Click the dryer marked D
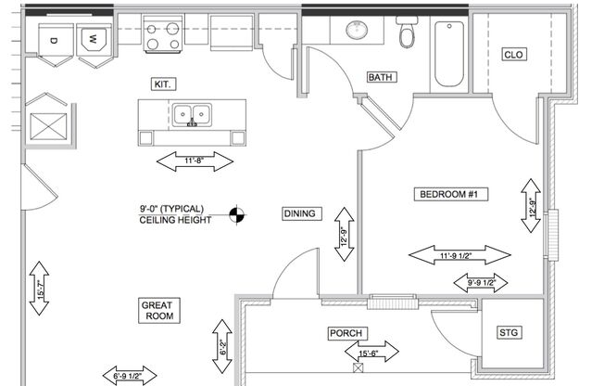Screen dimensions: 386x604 (x=54, y=41)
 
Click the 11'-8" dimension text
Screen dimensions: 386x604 (x=194, y=161)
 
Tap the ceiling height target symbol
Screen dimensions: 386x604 (x=238, y=214)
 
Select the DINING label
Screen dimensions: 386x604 (x=299, y=214)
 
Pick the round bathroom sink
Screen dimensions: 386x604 (x=358, y=32)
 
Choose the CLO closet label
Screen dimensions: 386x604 (x=513, y=55)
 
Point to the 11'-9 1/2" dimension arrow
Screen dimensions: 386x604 (x=459, y=254)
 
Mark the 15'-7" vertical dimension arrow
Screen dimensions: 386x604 (x=39, y=288)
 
